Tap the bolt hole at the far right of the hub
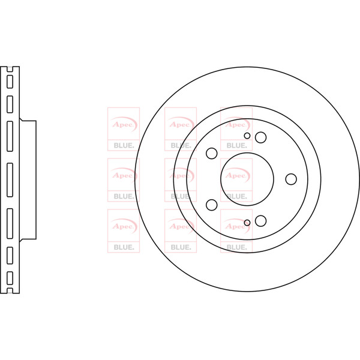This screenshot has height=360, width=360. (x=291, y=179)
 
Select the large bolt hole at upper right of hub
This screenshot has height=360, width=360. (x=261, y=137)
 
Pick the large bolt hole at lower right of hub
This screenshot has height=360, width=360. (x=261, y=221)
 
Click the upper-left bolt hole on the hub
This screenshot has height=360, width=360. (x=212, y=154)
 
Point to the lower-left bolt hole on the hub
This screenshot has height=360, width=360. (x=212, y=205)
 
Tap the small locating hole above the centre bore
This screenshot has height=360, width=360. (x=247, y=136)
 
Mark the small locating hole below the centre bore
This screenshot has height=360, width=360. (x=247, y=223)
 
